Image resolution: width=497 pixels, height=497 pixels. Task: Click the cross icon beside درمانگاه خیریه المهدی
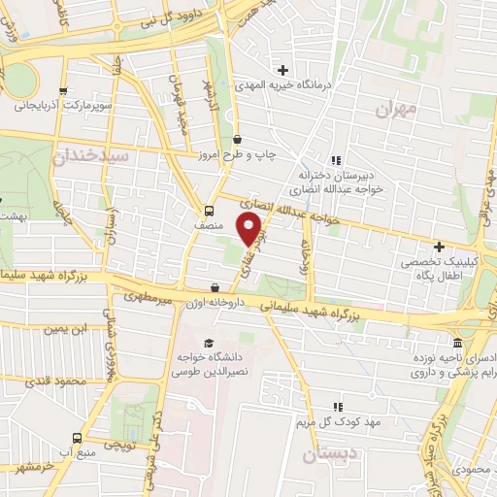(282, 70)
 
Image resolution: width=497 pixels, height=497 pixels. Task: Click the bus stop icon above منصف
(209, 211)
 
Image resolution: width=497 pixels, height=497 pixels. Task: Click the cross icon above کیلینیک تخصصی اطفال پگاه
(439, 248)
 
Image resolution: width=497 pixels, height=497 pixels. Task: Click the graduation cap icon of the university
(209, 343)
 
